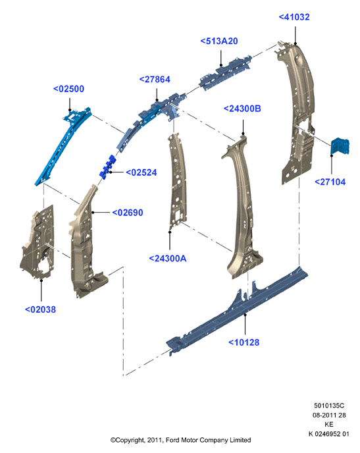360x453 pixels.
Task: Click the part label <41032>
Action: (x=294, y=17)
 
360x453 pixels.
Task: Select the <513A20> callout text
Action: (x=219, y=41)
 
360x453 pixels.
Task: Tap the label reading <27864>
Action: (x=155, y=80)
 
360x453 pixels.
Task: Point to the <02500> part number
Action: (x=68, y=89)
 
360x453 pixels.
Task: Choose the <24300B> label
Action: (x=242, y=109)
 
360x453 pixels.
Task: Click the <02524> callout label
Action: (x=141, y=173)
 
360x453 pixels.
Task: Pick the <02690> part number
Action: (x=128, y=213)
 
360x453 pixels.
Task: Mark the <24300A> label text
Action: (x=168, y=258)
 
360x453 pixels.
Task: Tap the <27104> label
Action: (x=330, y=182)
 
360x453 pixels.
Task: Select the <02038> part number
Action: (x=40, y=309)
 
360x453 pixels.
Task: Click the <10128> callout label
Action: (x=244, y=342)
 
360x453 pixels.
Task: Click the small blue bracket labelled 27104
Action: (x=340, y=146)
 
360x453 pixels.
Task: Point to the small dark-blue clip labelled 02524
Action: (x=107, y=167)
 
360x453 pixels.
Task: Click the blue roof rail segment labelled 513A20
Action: (x=225, y=73)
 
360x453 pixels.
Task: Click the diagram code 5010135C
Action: (x=329, y=406)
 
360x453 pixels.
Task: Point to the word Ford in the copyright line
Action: (x=172, y=440)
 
